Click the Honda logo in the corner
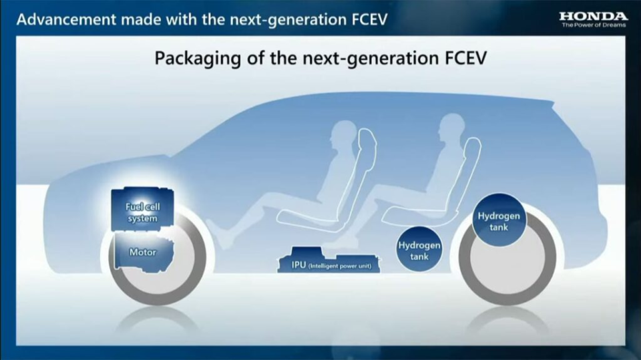point(593,15)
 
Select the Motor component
point(142,252)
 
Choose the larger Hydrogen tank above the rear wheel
point(498,221)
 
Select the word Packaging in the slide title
point(194,57)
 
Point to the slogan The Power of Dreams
point(593,25)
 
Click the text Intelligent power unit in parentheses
point(343,266)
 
